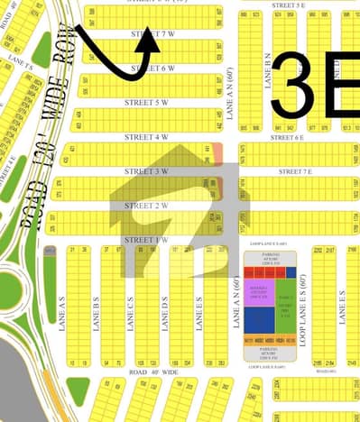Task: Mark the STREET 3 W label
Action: coord(149,171)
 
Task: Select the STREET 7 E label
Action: coord(295,171)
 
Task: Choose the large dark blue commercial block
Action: coord(258,321)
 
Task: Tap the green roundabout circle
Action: coord(7,289)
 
